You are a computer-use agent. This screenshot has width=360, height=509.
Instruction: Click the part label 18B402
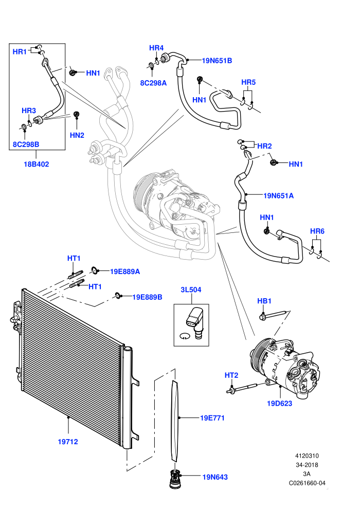tap(37, 164)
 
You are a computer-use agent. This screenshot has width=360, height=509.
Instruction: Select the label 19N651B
tap(217, 61)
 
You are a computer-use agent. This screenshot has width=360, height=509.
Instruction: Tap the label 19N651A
tap(279, 196)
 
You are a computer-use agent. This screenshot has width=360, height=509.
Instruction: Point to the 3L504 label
tap(191, 289)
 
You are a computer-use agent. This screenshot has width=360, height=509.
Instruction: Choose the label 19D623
tap(279, 404)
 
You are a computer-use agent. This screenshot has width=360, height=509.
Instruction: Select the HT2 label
tap(231, 375)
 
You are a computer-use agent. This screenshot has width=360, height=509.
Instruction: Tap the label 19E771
tap(212, 418)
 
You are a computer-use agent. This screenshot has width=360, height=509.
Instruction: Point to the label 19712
tap(68, 442)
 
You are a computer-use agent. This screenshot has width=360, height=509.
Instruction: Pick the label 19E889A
tap(125, 271)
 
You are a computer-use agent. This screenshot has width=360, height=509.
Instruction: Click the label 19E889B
tap(148, 297)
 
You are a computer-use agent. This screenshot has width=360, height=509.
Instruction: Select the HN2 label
tap(77, 135)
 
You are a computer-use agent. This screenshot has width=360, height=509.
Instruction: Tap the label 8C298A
tap(154, 83)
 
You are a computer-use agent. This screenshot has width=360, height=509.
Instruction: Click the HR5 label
tap(248, 82)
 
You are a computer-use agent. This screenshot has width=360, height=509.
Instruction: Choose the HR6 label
tap(317, 231)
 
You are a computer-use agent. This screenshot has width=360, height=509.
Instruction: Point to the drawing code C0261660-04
tap(307, 483)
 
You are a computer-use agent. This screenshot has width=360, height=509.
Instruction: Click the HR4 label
tap(156, 48)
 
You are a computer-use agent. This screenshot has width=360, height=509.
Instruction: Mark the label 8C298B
tap(26, 144)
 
